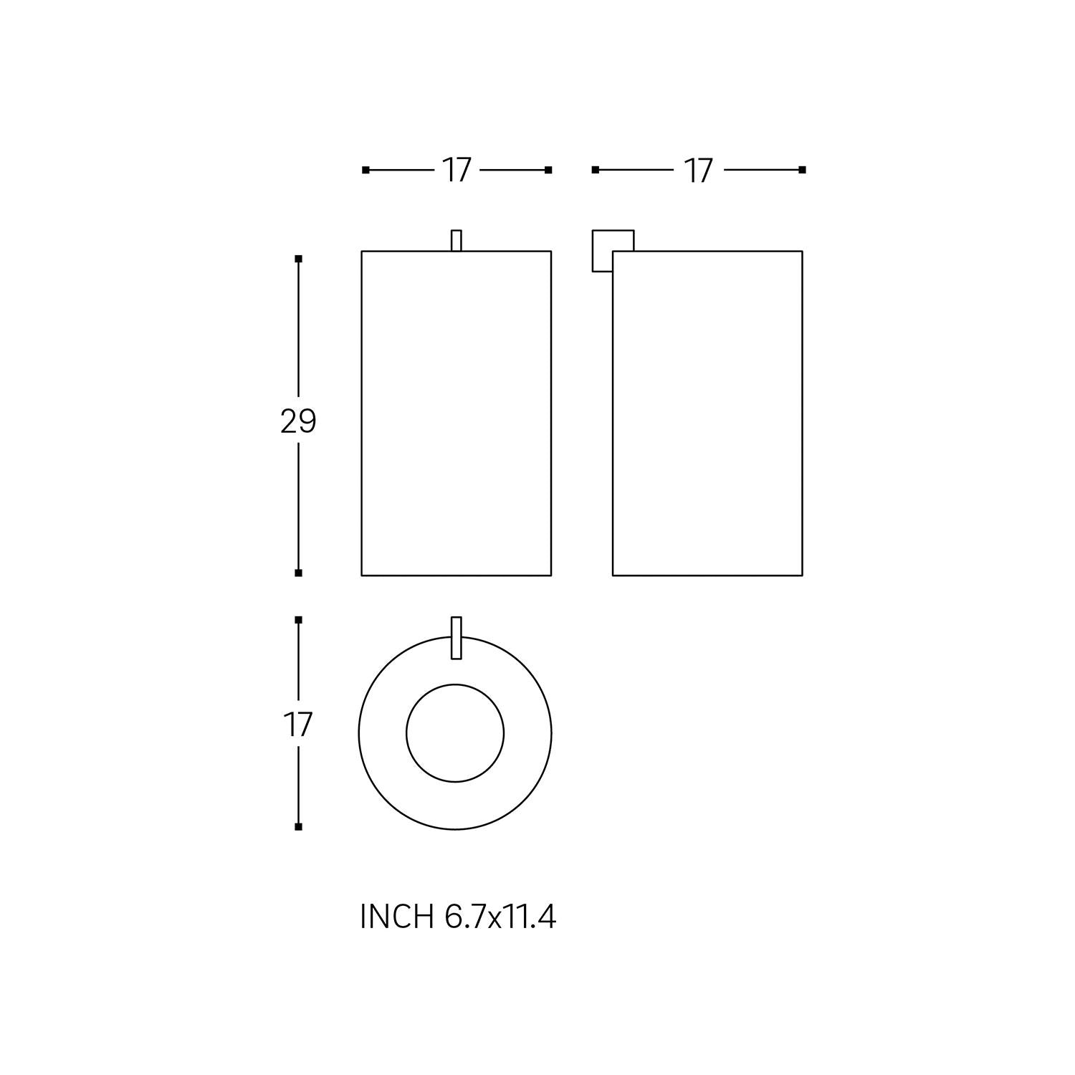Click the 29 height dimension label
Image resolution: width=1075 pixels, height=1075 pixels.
(x=298, y=421)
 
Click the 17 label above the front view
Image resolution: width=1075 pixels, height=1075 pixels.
(x=457, y=170)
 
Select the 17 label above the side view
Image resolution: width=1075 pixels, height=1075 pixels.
(x=699, y=171)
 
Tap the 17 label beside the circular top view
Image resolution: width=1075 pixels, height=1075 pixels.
(x=298, y=725)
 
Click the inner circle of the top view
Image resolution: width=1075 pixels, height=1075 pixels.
(x=455, y=685)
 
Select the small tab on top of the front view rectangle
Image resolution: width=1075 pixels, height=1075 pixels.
(x=456, y=241)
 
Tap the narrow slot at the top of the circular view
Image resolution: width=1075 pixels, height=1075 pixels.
(x=456, y=638)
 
